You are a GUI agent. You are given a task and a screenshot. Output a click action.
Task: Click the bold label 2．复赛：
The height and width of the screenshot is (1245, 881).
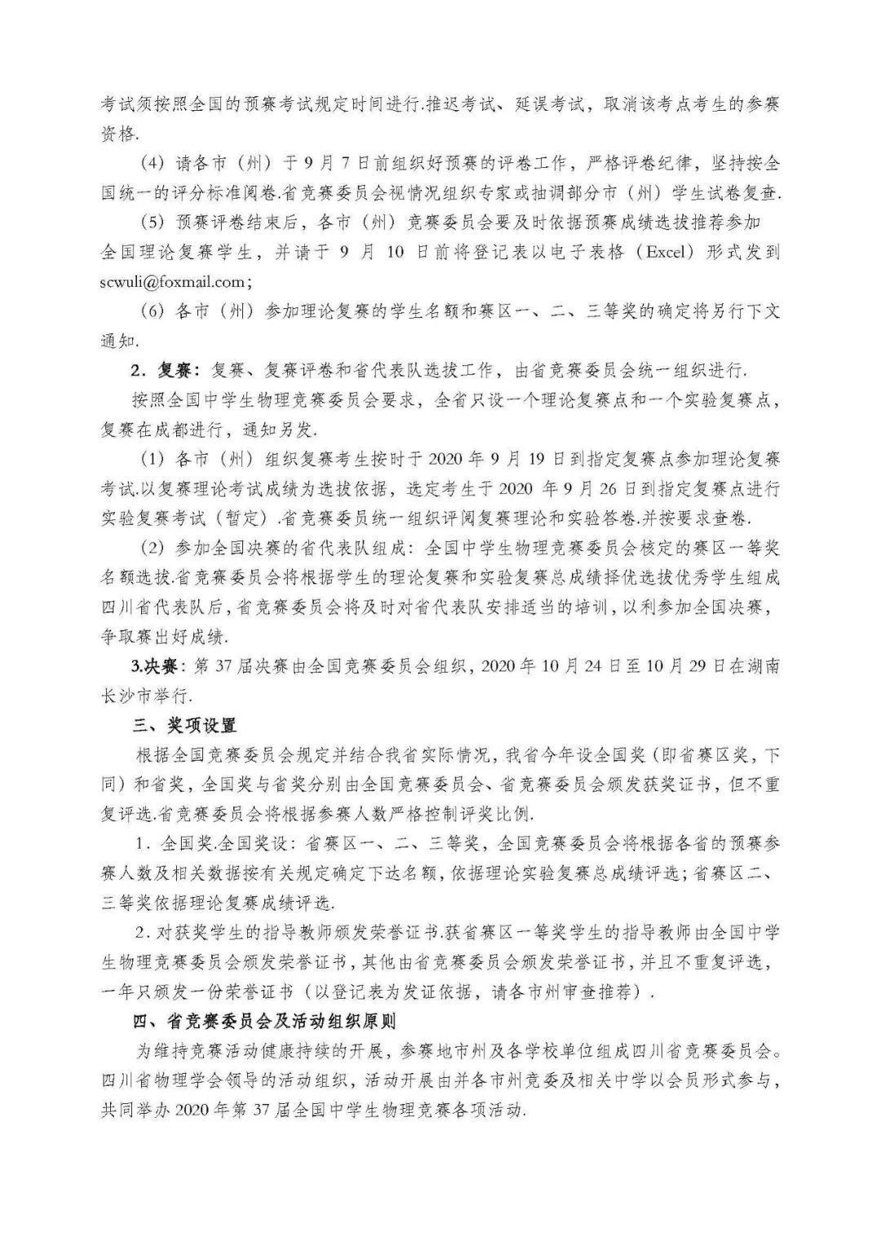point(166,370)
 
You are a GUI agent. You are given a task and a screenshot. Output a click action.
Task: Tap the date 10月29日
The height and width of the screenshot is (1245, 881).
point(685,666)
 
